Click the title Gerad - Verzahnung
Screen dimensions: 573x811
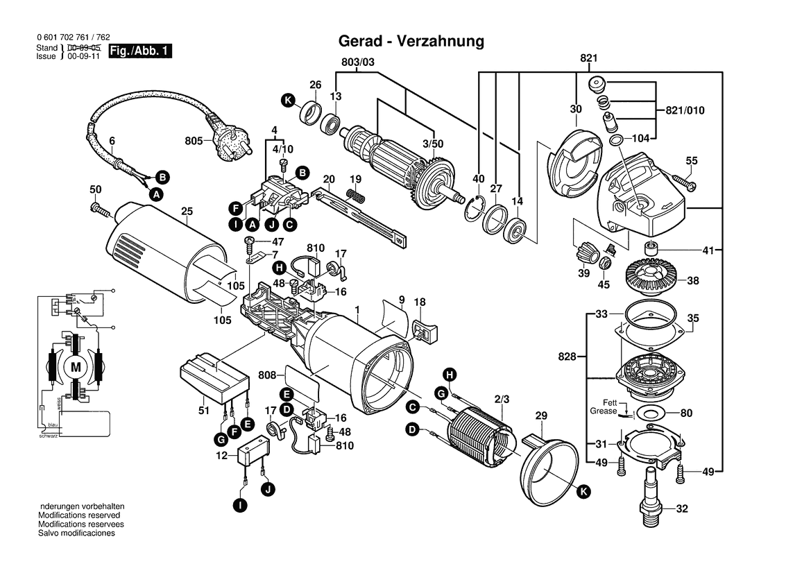coord(411,41)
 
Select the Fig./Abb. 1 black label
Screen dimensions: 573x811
coord(139,51)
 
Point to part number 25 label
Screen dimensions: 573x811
coord(187,211)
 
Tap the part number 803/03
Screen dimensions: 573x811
coord(358,62)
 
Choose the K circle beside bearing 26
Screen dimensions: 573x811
coord(288,101)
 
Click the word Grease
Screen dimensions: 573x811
coord(603,411)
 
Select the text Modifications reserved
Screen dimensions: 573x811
coord(79,515)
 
